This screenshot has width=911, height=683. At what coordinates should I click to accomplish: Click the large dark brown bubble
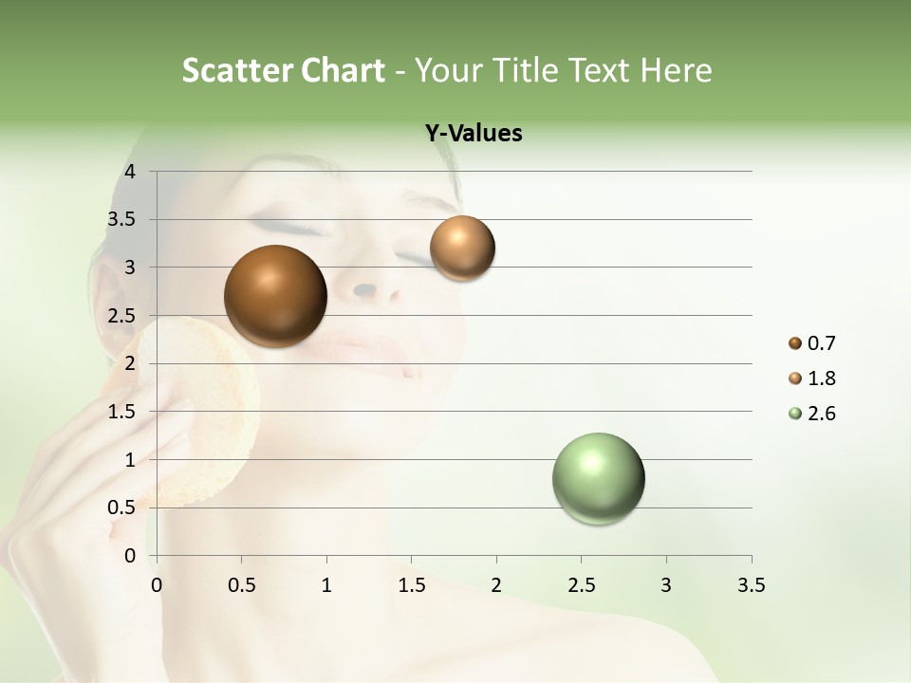275,296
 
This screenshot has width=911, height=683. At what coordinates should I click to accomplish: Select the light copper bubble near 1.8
462,249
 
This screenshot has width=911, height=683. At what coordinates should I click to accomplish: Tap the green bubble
598,478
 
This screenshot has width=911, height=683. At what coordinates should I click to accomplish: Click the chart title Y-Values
474,134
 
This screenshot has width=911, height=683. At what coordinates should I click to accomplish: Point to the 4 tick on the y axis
130,172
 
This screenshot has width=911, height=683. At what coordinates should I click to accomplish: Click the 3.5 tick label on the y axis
122,220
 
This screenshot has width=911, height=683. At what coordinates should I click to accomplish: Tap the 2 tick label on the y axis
130,363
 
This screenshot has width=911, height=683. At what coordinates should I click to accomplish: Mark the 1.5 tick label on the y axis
122,412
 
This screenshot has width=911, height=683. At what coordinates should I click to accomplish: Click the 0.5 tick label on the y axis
122,508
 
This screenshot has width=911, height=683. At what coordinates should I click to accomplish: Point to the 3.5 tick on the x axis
751,585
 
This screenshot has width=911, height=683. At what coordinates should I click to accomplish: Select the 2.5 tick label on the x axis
581,585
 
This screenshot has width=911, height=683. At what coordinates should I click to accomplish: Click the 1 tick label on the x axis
326,585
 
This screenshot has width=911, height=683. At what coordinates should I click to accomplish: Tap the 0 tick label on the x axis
157,585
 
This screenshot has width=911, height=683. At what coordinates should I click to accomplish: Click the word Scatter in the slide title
235,70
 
